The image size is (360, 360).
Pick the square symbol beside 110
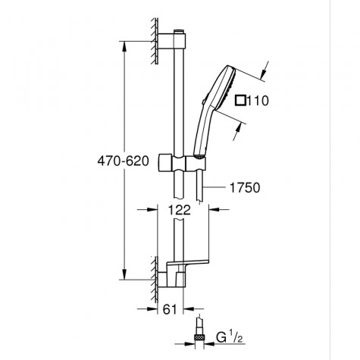coord(242,99)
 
